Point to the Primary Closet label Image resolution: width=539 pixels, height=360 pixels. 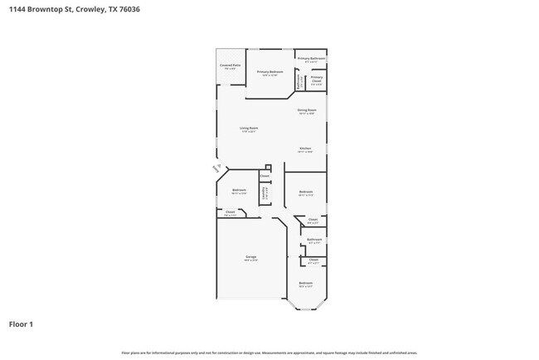coord(317,81)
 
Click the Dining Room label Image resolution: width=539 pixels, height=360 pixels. coord(306,110)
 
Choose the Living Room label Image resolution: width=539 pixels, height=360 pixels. coord(249,128)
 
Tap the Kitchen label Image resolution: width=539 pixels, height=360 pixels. coord(305,149)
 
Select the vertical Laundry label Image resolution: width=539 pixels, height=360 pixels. coord(265,193)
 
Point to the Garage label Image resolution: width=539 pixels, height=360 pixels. coord(250,258)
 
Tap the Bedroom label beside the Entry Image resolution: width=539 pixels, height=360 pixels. coord(239,191)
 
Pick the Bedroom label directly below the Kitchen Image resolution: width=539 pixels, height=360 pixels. coord(305,192)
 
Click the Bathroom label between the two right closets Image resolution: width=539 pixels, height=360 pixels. coord(313,240)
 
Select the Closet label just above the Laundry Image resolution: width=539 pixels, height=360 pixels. coord(265,176)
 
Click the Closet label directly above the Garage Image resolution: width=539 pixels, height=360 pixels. coord(231,212)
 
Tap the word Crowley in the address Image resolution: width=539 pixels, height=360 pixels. coord(89,10)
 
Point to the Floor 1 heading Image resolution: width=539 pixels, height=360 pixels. coord(22,324)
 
